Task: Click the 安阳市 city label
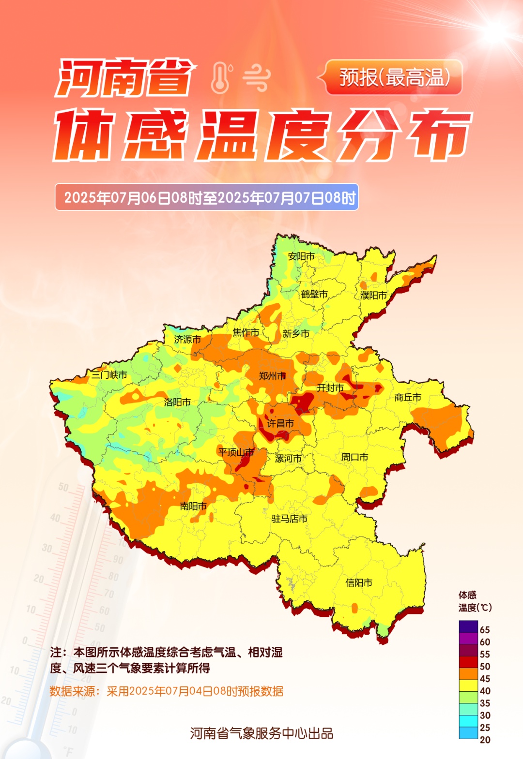tap(301, 256)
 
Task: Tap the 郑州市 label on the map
tap(272, 376)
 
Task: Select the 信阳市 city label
tap(359, 583)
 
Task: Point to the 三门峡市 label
tap(109, 375)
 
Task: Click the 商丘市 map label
tap(408, 397)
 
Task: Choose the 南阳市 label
tap(193, 506)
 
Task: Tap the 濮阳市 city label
tap(374, 295)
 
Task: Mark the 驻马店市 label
tap(290, 519)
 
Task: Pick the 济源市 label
tap(187, 340)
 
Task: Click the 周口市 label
tap(354, 457)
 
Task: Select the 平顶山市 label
tap(236, 452)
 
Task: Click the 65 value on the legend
tap(485, 630)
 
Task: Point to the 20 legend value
tap(485, 740)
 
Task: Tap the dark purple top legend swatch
tap(468, 626)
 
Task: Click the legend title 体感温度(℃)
tap(475, 601)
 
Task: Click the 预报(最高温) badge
tap(394, 77)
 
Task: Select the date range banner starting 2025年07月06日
tap(207, 197)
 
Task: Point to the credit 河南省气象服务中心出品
tap(261, 733)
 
